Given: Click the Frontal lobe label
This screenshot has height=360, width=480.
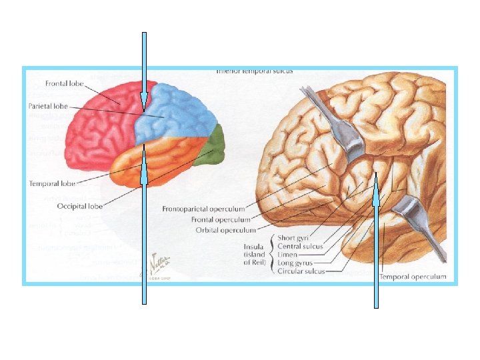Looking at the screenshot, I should pos(64,84).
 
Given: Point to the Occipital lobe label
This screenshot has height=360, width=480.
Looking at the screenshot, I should pos(79,206).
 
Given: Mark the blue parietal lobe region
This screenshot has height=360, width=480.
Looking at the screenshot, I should pos(177,113).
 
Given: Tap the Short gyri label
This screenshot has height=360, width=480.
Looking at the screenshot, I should pos(295,238).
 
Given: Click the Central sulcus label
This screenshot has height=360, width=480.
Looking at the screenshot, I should pos(300,247).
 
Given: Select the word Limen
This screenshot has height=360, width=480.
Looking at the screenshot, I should pos(288,255).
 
